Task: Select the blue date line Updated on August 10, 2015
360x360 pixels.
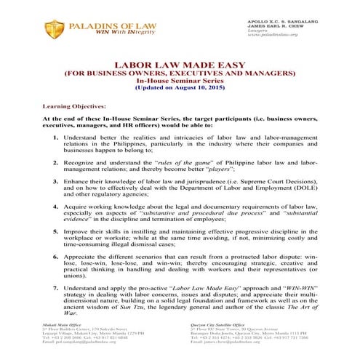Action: tap(180, 87)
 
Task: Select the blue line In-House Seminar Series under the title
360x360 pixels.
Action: tap(180, 80)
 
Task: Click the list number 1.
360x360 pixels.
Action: tap(57, 135)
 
